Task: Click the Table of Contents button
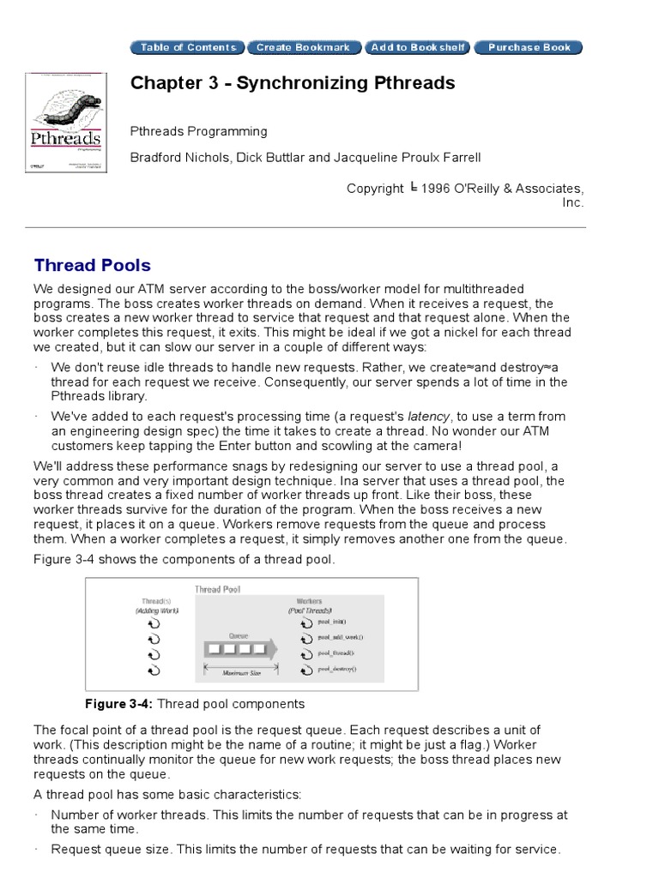point(188,47)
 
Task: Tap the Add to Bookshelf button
point(418,47)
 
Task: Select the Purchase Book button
point(529,47)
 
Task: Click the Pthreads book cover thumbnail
point(64,122)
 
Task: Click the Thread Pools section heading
point(92,265)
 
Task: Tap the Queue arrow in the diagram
point(239,649)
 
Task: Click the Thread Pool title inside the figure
point(219,589)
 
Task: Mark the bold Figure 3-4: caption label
point(119,704)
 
